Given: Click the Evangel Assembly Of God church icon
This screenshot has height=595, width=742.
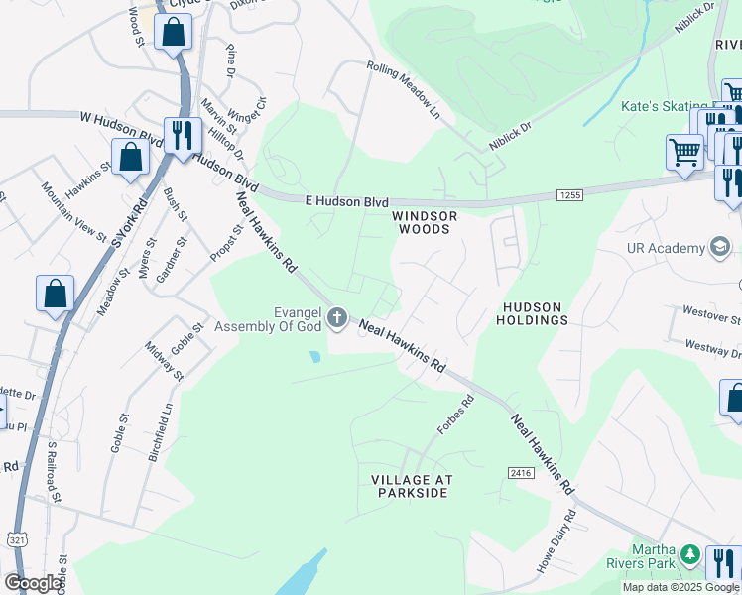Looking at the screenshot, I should (x=337, y=318).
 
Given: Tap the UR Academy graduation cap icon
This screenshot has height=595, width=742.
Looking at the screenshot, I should (x=720, y=247).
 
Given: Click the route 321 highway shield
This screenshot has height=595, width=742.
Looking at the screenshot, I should (x=16, y=539).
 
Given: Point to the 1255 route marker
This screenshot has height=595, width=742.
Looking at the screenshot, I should (x=568, y=196).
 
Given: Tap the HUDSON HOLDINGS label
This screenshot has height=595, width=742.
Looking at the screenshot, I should (x=535, y=313).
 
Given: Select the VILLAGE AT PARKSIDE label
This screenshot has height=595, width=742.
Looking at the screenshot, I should (x=412, y=486).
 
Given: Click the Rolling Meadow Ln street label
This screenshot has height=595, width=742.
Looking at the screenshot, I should (x=403, y=87).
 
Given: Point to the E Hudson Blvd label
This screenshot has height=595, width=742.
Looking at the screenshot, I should (x=346, y=200).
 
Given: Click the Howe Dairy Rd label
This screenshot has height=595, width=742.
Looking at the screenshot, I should (x=556, y=541).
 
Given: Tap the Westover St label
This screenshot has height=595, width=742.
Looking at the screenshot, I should (x=711, y=316).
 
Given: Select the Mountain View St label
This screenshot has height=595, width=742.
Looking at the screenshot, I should (x=74, y=212).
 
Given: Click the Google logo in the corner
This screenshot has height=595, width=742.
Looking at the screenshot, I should (x=33, y=583).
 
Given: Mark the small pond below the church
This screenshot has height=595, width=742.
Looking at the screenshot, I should (x=314, y=355).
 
